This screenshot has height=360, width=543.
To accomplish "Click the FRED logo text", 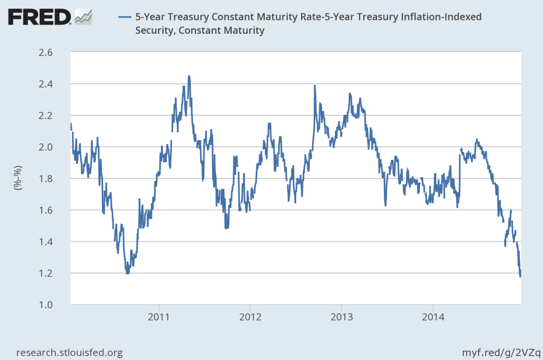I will point(39,17).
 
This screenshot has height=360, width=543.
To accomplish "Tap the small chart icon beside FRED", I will point(84,16).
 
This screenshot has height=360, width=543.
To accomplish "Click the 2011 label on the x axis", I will point(159,317).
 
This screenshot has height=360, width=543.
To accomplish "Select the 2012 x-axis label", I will point(250,317).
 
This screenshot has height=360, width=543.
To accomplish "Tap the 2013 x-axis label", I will point(341,317).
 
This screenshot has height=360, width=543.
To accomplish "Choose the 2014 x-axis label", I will point(433,317).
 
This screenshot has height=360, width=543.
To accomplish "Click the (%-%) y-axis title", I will point(17,178).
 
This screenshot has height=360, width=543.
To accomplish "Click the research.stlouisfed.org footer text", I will point(69,352).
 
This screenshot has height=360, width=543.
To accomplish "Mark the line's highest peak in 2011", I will point(189,76).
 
